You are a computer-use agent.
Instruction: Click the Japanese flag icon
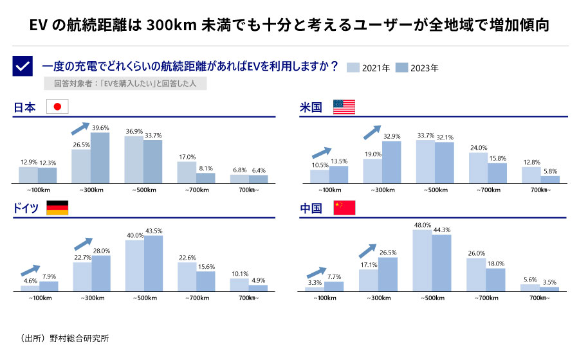pos(57,107)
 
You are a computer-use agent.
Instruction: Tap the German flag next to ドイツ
pos(57,208)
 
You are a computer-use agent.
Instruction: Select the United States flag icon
pos(344,107)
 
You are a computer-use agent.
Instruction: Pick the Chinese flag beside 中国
pos(344,208)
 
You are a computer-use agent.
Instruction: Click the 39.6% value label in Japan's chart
pos(100,127)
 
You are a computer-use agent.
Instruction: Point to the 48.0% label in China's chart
pos(422,225)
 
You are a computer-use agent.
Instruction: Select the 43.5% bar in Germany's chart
pos(153,264)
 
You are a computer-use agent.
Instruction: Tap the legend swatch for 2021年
pos(353,67)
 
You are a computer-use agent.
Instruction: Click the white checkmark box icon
pos(23,66)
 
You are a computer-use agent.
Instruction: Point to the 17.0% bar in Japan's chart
pos(187,172)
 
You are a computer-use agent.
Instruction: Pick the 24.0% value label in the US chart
pos(478,148)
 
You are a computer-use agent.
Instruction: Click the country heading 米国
pos(311,107)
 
